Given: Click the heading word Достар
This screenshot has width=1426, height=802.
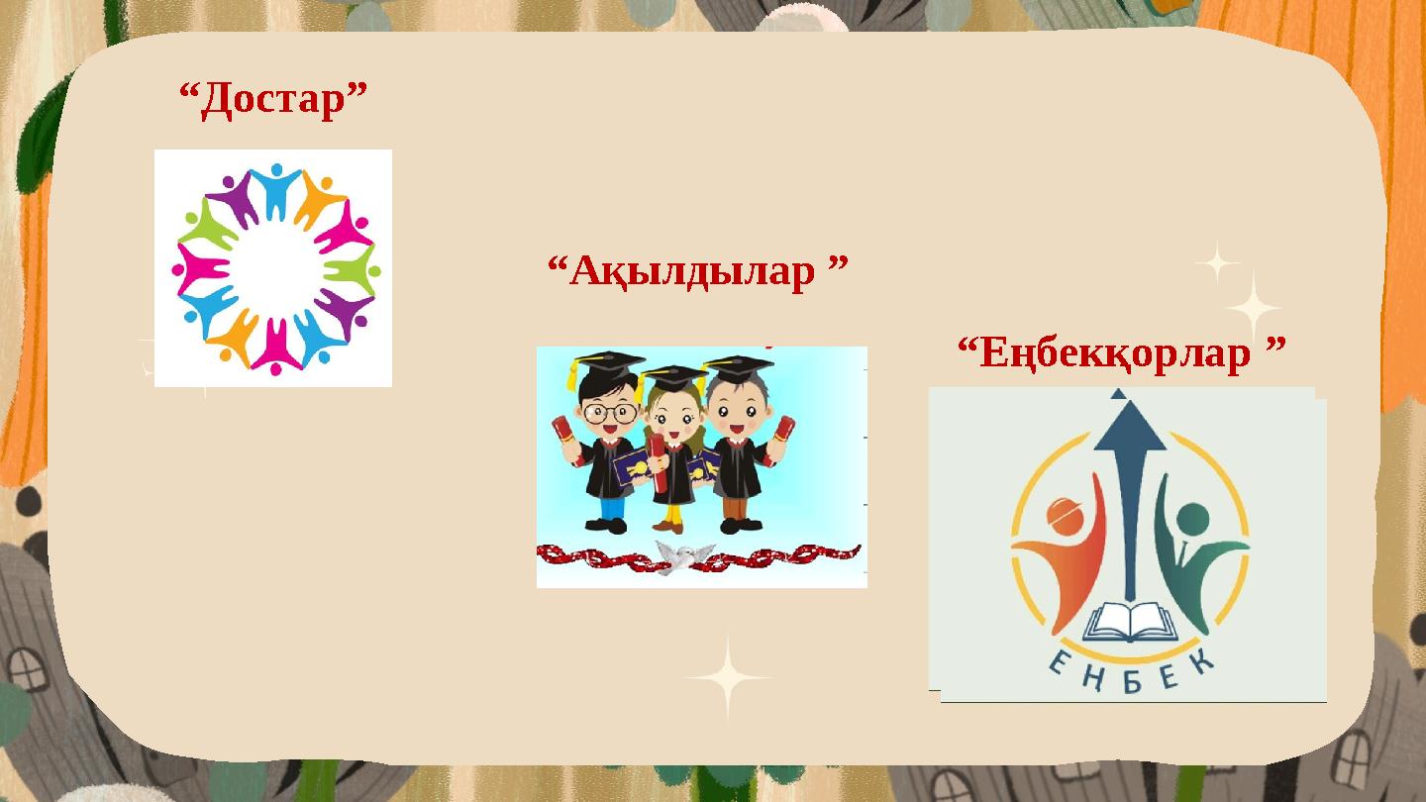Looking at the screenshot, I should click(x=273, y=100).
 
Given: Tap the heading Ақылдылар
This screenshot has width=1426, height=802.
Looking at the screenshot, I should click(x=698, y=270).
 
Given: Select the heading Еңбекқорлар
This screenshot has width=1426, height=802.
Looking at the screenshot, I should click(x=1122, y=352).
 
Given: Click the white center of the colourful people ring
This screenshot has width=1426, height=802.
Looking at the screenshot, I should click(x=274, y=268).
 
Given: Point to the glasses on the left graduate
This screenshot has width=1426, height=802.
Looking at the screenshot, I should click(x=608, y=412).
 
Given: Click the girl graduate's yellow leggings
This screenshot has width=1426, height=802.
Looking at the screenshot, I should click(x=673, y=516).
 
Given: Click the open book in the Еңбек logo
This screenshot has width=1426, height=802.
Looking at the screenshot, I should click(x=1131, y=623).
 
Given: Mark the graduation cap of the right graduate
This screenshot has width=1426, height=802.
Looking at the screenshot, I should click(x=738, y=368).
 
